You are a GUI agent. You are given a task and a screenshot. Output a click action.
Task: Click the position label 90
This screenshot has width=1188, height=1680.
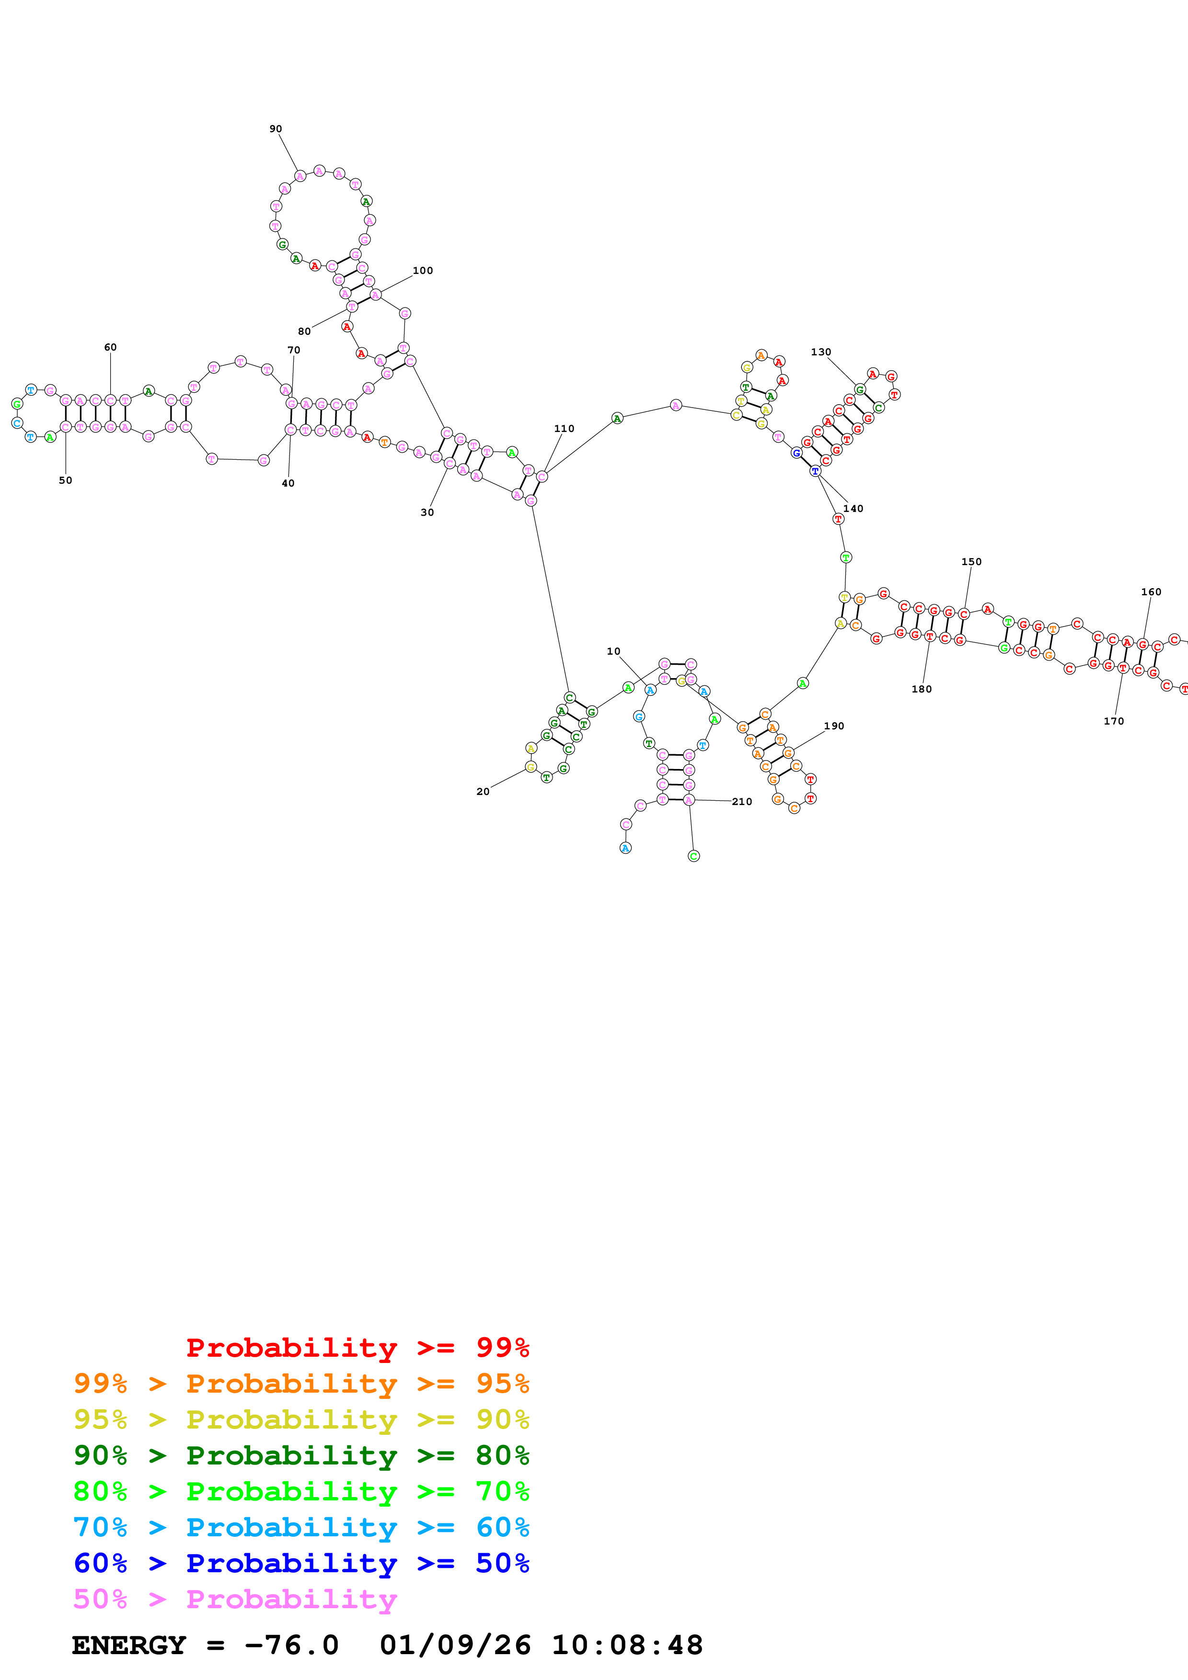click(275, 129)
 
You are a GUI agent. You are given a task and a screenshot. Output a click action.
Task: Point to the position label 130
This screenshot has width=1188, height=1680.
click(820, 352)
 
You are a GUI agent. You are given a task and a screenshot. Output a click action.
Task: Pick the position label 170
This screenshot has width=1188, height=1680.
click(1113, 721)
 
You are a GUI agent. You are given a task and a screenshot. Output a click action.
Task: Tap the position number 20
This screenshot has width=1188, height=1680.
click(483, 792)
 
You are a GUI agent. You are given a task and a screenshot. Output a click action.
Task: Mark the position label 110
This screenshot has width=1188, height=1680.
click(564, 429)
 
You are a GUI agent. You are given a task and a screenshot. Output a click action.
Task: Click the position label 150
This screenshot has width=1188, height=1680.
click(971, 562)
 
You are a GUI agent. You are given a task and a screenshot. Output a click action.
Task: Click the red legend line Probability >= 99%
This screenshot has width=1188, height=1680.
click(357, 1347)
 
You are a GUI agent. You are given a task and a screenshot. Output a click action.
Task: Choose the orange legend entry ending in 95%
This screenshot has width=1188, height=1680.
click(301, 1384)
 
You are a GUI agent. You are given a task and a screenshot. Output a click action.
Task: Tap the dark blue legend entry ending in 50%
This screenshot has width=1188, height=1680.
click(301, 1563)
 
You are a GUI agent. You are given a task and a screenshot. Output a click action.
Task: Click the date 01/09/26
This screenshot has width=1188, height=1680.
click(455, 1646)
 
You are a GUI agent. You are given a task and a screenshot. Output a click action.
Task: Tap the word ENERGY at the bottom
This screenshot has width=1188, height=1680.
click(129, 1646)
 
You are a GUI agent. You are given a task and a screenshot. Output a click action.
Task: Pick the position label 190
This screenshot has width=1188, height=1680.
click(834, 726)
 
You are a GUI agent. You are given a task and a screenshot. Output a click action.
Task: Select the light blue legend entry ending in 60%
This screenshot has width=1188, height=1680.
click(301, 1527)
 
